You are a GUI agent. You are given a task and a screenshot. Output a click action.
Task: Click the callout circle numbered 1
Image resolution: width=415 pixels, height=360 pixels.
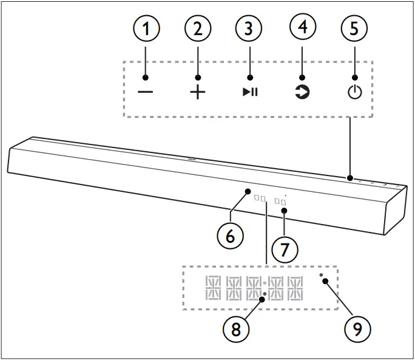pos(145,29)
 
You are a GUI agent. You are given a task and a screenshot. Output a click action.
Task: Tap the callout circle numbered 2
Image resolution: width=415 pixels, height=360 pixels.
pos(198,29)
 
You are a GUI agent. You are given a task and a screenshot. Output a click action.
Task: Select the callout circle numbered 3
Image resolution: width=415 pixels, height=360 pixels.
pos(250,29)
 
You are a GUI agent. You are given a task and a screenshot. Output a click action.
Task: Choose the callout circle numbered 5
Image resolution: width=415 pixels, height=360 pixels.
pos(354,29)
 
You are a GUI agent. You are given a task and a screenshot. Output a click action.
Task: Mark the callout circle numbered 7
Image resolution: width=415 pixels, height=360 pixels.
pos(285,250)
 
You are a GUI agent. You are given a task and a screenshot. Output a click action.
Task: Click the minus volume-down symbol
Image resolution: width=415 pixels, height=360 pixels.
pos(145,92)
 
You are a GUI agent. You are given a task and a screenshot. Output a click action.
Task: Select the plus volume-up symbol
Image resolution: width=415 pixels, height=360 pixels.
pos(198,92)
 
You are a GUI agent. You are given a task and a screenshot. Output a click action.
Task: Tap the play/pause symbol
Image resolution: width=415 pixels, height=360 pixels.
pos(250,92)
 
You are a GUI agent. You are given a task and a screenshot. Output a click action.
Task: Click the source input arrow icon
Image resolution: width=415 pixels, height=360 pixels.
pos(302,92)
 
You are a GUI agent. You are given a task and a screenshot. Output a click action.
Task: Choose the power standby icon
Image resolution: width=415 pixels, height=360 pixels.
pos(354,92)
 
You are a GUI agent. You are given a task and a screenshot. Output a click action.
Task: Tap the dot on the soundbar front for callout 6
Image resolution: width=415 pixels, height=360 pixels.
pos(248,192)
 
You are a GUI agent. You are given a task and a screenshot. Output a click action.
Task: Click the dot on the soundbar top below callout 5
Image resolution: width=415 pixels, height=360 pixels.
pos(350,178)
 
